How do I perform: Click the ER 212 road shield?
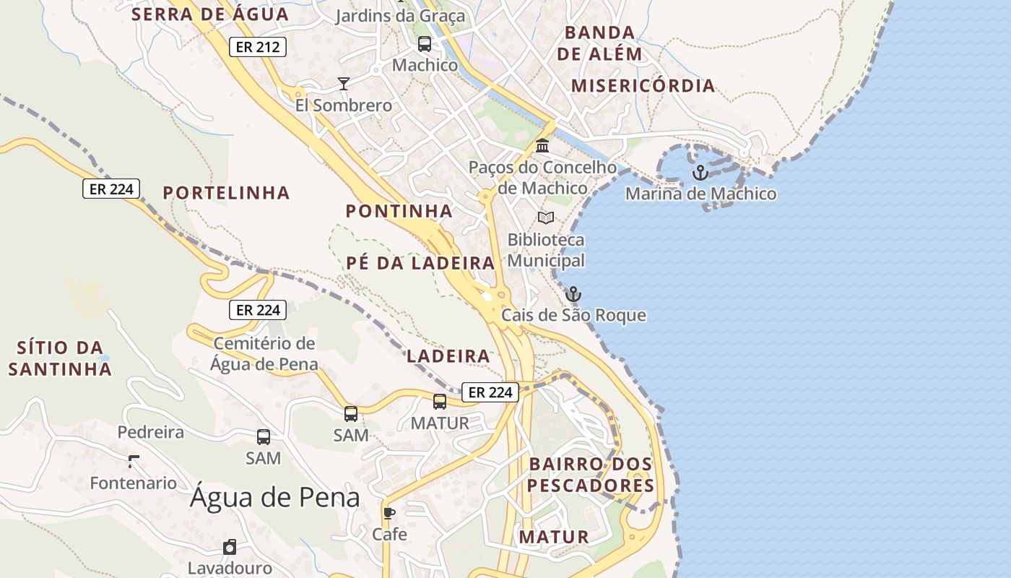[x=258, y=48]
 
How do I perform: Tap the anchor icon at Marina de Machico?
[x=699, y=173]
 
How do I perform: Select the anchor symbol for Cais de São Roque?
[x=573, y=294]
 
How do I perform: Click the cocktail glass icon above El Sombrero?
[x=344, y=84]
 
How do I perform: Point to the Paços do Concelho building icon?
[x=542, y=146]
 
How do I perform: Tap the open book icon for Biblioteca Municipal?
[x=546, y=217]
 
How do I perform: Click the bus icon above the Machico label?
[x=425, y=44]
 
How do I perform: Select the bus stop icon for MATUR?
[x=439, y=402]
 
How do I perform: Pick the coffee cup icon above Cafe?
[x=389, y=514]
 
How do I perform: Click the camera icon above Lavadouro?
[x=230, y=547]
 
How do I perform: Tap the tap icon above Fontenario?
[x=133, y=461]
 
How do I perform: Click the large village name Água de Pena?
[x=274, y=497]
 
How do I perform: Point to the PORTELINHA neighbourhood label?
[x=226, y=193]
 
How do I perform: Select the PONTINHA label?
[x=399, y=212]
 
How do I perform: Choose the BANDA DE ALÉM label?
[x=599, y=43]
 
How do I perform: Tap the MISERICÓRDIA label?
[x=643, y=86]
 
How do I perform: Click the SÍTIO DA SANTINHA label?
[x=60, y=358]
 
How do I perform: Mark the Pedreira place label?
[x=150, y=432]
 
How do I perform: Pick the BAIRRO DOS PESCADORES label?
[x=591, y=475]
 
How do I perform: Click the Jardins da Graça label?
[x=400, y=16]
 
